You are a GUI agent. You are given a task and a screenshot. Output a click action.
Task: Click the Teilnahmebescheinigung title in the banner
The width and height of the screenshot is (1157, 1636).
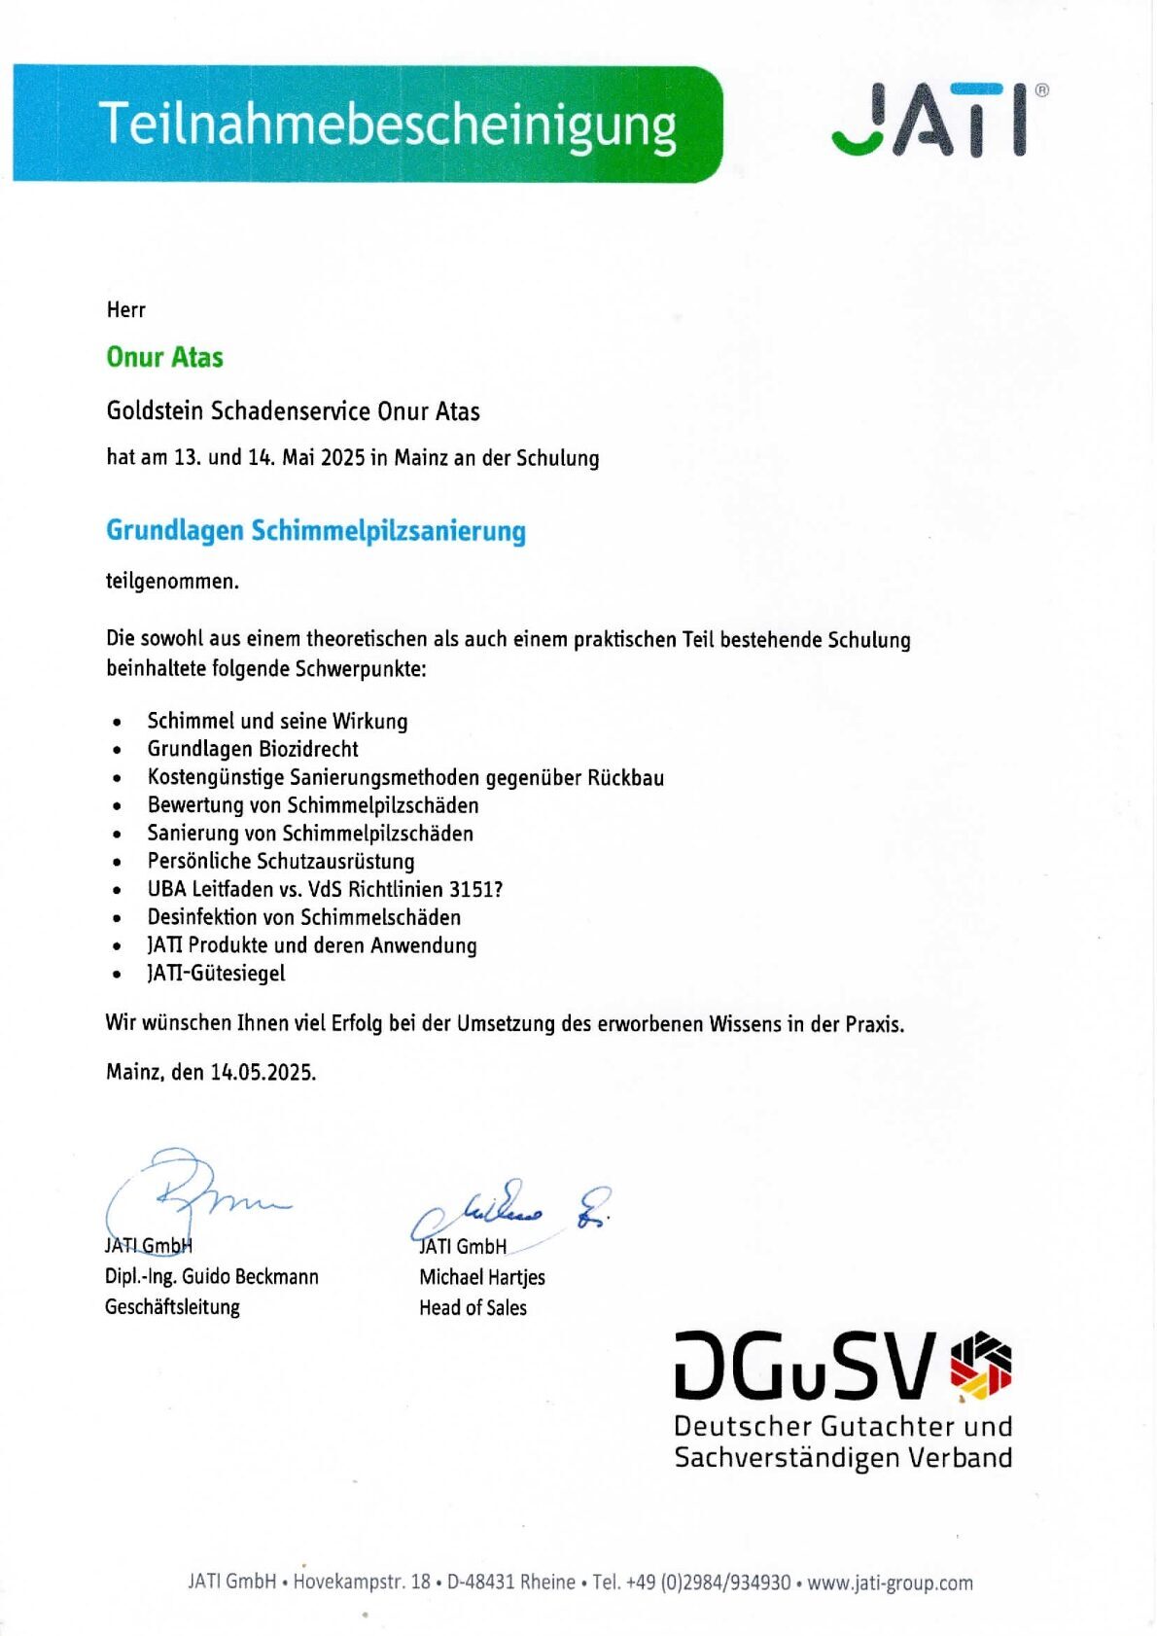(x=387, y=124)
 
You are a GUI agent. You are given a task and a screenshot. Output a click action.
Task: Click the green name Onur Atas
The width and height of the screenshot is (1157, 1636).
(x=164, y=357)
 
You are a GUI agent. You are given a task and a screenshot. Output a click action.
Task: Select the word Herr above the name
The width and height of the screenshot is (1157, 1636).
(x=125, y=310)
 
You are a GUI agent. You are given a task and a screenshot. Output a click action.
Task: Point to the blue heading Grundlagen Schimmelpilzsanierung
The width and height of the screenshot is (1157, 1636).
(x=315, y=531)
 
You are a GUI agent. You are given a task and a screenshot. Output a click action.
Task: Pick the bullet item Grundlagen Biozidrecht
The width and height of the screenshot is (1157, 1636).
(x=253, y=749)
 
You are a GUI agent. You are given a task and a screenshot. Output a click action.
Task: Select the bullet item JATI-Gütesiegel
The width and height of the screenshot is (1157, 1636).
(x=216, y=974)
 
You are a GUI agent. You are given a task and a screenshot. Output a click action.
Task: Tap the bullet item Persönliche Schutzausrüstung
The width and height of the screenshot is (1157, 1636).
(x=281, y=861)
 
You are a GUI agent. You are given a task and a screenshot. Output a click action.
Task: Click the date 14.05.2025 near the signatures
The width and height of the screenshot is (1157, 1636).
(x=263, y=1073)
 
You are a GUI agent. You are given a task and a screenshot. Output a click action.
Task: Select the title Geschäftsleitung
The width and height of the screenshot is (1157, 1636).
(x=172, y=1307)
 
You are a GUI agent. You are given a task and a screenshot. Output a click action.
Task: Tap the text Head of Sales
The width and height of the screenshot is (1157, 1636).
(x=473, y=1308)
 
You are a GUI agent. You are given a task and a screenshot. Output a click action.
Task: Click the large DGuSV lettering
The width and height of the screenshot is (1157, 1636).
(x=805, y=1366)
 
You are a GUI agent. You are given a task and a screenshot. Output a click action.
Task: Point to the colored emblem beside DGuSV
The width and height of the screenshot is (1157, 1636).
(x=980, y=1366)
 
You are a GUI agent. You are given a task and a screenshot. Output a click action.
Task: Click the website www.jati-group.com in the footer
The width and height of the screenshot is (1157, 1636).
(x=890, y=1583)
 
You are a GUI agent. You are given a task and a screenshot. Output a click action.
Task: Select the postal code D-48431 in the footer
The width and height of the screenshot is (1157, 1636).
(x=480, y=1583)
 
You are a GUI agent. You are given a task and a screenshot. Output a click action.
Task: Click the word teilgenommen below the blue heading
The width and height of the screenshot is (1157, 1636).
(x=172, y=582)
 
